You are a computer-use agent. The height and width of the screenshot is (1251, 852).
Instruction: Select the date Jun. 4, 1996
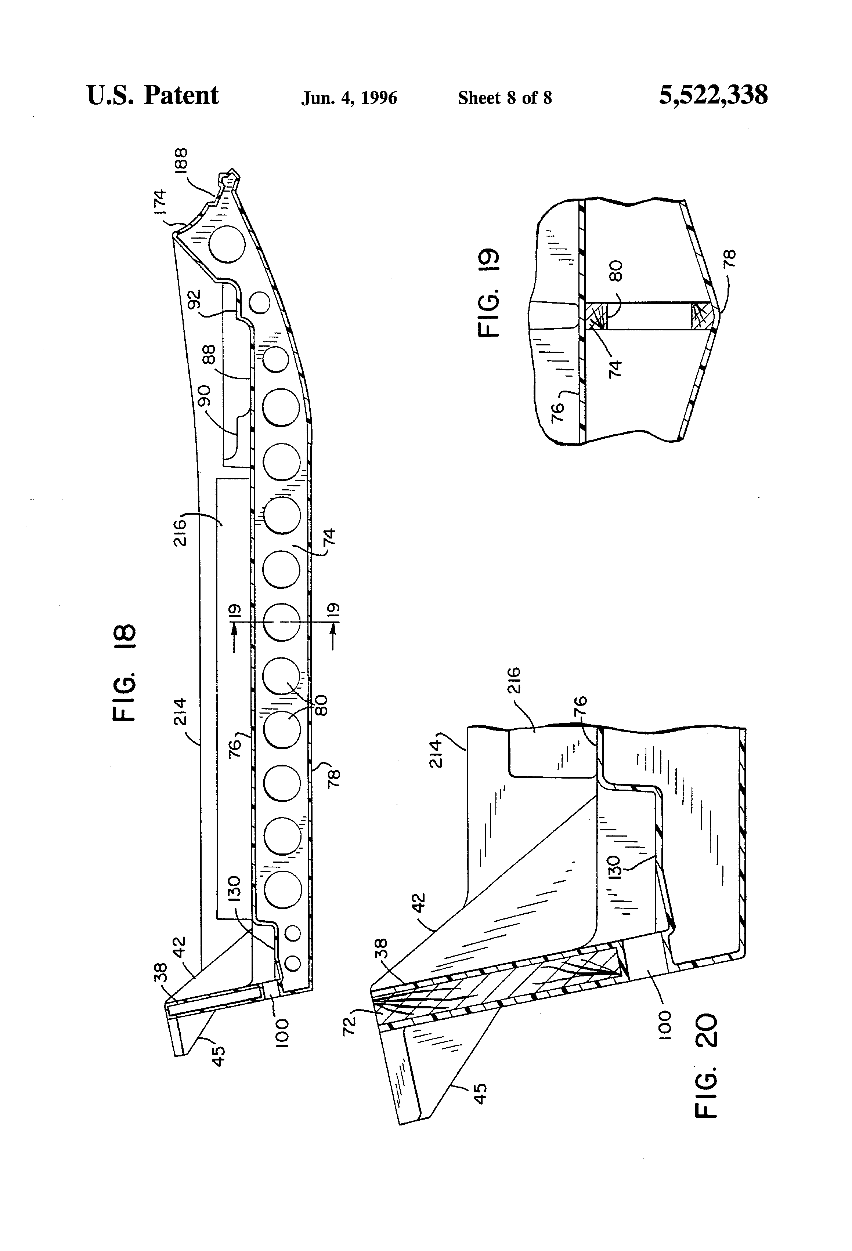click(x=349, y=98)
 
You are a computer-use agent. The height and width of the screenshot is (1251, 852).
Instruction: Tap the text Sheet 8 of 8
click(x=505, y=98)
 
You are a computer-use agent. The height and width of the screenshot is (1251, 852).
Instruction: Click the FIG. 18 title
click(x=125, y=672)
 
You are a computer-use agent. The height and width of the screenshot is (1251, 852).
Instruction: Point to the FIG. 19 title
click(x=490, y=293)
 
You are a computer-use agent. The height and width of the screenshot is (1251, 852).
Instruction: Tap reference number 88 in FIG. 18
click(x=209, y=356)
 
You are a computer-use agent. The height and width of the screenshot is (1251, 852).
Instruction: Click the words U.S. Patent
click(x=152, y=96)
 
